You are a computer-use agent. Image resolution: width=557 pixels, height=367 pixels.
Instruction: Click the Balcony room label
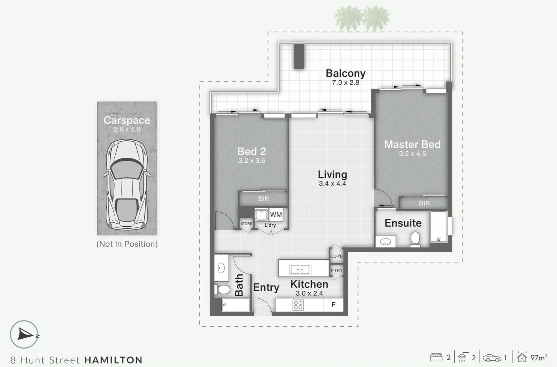point(345,73)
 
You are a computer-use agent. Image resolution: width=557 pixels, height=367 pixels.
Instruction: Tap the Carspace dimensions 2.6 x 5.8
point(127,129)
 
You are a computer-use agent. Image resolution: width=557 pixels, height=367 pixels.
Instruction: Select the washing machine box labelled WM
point(276,215)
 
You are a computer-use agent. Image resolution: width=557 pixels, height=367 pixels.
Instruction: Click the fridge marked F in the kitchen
point(333,305)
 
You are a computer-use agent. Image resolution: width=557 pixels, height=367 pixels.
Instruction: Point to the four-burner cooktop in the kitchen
point(298,305)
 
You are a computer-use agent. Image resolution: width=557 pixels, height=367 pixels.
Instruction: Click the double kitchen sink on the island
point(300,269)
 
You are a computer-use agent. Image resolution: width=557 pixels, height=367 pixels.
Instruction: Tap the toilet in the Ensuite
point(415,239)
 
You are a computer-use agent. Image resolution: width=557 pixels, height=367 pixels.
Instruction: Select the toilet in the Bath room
point(223,290)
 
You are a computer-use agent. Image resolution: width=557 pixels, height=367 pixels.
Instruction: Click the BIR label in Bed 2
point(263,199)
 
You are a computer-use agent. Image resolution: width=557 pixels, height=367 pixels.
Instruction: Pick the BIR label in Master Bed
point(424,203)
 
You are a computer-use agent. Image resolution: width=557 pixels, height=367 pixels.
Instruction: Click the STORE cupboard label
point(246,224)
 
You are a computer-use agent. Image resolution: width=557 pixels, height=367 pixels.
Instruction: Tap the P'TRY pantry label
point(336,270)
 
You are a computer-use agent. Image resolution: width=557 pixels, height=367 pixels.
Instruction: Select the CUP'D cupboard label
point(337,256)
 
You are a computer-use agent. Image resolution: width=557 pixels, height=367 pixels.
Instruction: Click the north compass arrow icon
point(24,334)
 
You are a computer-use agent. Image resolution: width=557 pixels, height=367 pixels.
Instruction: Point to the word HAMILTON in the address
point(113,360)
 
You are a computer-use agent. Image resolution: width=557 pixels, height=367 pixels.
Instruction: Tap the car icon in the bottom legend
point(492,358)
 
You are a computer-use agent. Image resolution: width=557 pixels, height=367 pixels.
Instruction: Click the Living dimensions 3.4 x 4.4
point(332,184)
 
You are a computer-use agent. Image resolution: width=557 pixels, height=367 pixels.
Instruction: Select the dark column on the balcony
point(299,56)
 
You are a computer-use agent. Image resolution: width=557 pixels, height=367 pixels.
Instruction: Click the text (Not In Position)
point(127,244)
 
